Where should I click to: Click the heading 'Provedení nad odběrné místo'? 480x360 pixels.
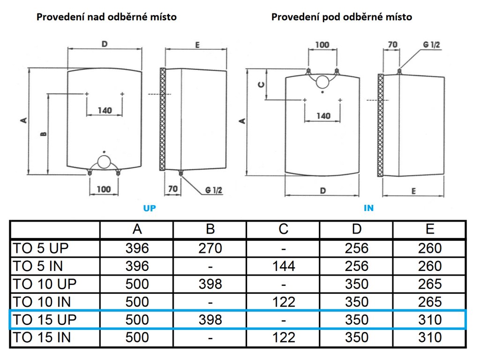point(106,17)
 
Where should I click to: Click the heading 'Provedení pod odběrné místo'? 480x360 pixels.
point(342,17)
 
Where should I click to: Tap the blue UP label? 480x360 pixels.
point(150,208)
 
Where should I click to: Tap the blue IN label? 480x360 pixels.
point(368,208)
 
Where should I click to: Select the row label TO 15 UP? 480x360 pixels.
point(45,320)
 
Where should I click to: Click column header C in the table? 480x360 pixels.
point(284,229)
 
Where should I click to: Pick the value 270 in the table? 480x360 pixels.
point(210,248)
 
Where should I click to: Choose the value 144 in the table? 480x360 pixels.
point(284,266)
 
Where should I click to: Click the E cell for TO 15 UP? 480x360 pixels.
point(430,320)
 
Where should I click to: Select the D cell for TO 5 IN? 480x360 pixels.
point(357,266)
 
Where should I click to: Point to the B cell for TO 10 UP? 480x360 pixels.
point(210,284)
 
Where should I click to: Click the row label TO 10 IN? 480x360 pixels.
point(42,302)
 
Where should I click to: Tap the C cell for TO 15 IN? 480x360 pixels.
point(284,337)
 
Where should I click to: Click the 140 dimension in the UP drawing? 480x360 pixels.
point(105,110)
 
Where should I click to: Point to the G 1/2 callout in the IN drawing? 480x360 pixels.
point(431,45)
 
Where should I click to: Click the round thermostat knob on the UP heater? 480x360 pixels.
point(104,162)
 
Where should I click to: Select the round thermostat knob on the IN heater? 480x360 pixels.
point(322,82)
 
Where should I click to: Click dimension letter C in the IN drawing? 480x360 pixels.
point(262,84)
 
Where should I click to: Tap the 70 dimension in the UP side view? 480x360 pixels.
point(173,189)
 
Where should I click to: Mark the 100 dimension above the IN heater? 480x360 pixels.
point(322,45)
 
